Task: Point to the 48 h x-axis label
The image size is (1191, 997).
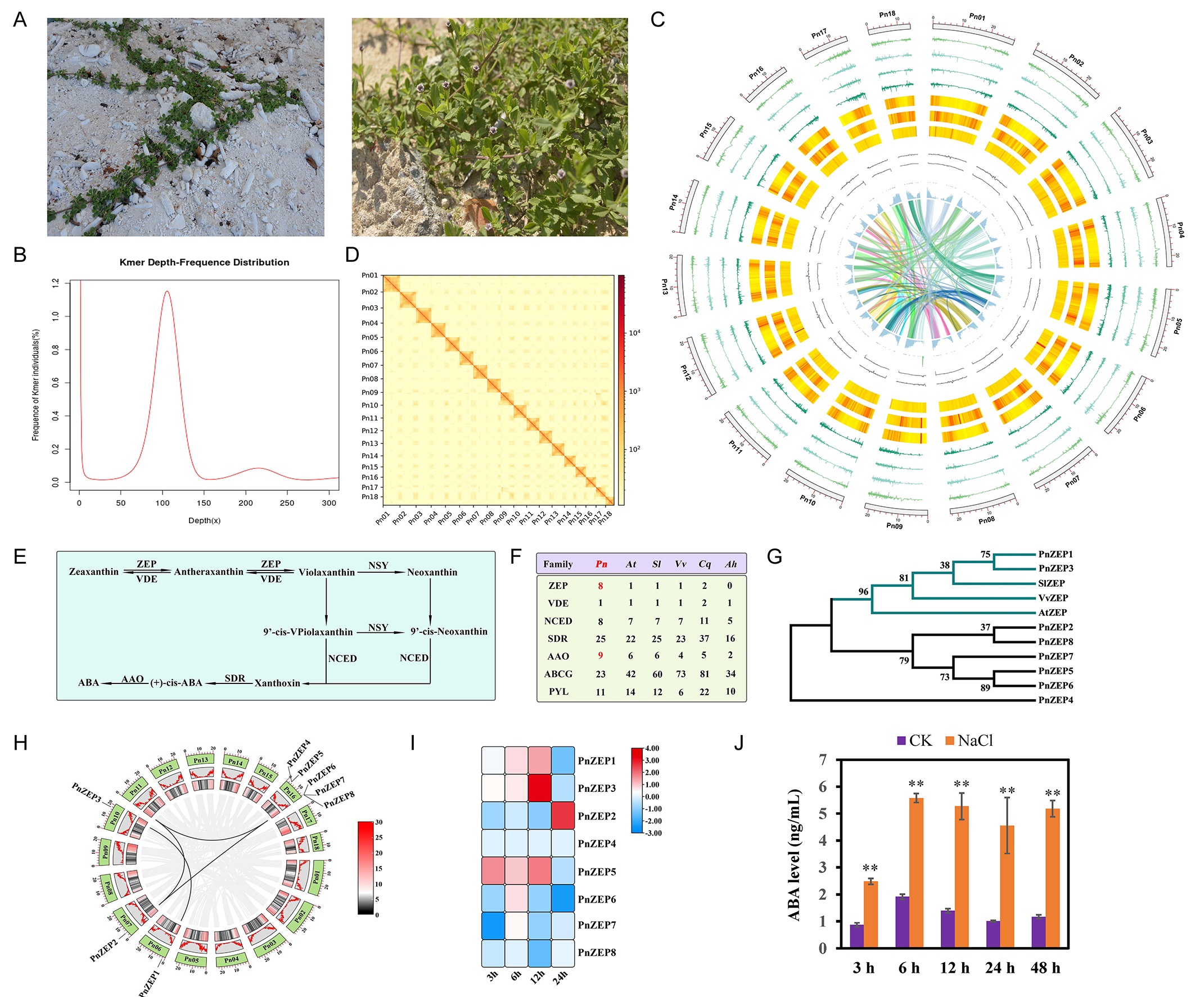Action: (x=1045, y=968)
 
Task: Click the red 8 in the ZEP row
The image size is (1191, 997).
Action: (x=600, y=586)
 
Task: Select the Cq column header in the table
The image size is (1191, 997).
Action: (x=705, y=564)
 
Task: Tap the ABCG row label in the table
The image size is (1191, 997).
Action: (x=558, y=674)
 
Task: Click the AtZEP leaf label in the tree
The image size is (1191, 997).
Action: (x=1053, y=612)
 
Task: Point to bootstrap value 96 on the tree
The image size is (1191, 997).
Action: (x=863, y=591)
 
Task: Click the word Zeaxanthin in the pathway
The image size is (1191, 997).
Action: (x=93, y=572)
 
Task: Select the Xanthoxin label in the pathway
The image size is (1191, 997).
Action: (x=277, y=683)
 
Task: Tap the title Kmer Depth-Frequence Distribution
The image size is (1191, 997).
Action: (x=204, y=262)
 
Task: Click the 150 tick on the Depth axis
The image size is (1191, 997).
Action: (x=204, y=503)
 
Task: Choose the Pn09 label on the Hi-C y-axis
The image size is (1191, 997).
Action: (x=370, y=392)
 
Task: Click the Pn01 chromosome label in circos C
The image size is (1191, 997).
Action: (x=977, y=17)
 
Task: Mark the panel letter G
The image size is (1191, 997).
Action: (x=774, y=556)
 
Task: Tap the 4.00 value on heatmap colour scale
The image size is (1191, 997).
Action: (x=652, y=748)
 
